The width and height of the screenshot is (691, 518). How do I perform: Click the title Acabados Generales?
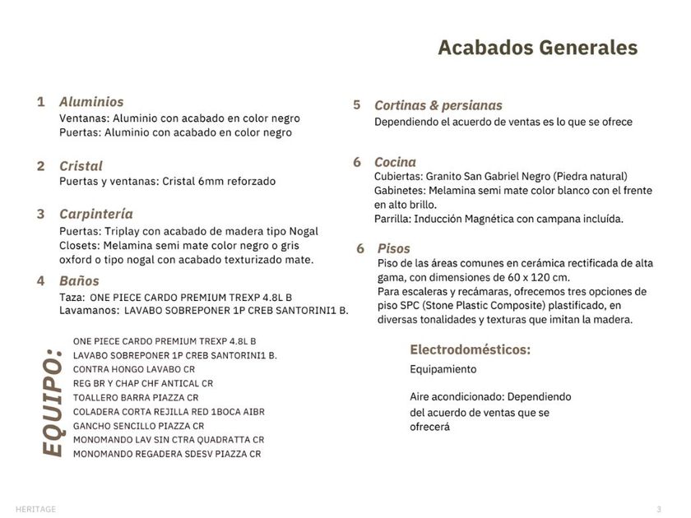(x=537, y=48)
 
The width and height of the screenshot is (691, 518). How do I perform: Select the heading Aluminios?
(x=91, y=102)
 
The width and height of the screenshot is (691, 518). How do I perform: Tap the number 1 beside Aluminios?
(x=41, y=102)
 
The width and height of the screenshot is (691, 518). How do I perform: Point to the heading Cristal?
(x=81, y=166)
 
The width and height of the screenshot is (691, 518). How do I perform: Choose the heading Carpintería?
(x=95, y=215)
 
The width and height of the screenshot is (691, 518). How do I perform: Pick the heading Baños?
(x=79, y=281)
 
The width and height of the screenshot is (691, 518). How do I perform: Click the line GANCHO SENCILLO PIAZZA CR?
(x=138, y=426)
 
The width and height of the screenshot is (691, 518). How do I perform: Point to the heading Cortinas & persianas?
(x=438, y=105)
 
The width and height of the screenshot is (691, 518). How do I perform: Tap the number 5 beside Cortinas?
(x=357, y=105)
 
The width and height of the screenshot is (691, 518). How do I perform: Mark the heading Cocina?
(x=395, y=162)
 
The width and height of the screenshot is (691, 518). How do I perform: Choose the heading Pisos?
(x=393, y=248)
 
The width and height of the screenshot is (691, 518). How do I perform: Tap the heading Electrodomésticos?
(x=470, y=349)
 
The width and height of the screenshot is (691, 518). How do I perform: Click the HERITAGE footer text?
(x=35, y=509)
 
